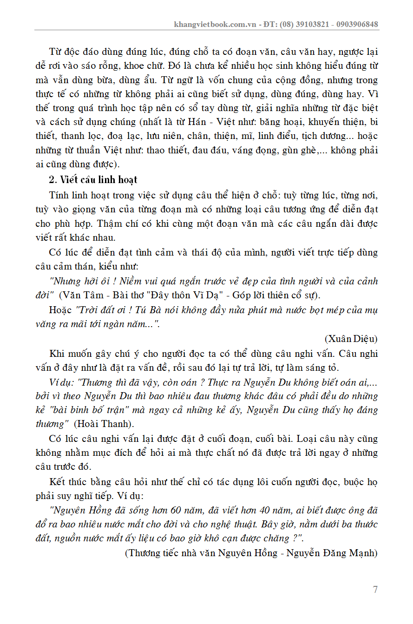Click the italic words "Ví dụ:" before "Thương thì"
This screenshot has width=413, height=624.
click(x=62, y=382)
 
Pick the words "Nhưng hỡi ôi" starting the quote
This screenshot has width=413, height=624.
click(x=75, y=281)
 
